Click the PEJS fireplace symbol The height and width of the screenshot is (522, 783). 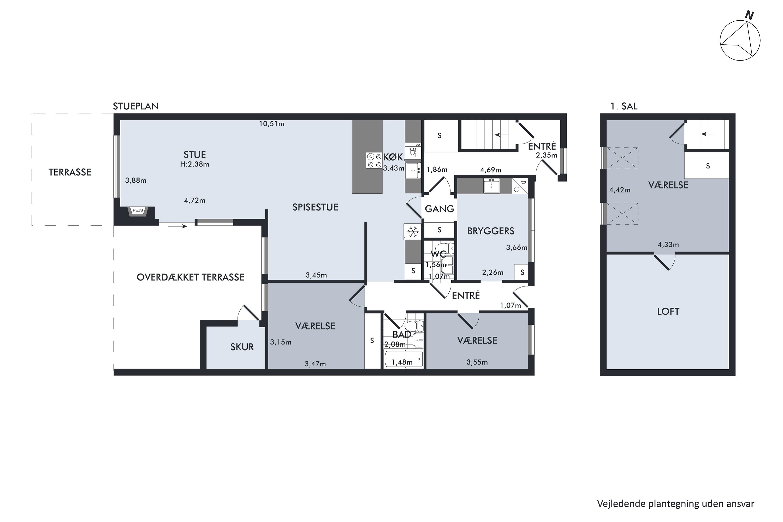(x=138, y=211)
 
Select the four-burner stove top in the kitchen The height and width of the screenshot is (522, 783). (x=374, y=161)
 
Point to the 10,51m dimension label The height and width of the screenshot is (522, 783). (x=272, y=124)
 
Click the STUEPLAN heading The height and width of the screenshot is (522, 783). (x=135, y=106)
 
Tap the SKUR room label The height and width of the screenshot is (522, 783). (x=242, y=347)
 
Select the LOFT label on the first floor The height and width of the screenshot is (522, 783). (x=668, y=312)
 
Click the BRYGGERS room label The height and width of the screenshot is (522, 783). (x=491, y=231)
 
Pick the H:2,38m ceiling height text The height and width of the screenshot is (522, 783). (x=195, y=164)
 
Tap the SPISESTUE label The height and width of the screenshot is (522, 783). (x=315, y=207)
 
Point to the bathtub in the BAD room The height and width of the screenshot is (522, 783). (x=404, y=360)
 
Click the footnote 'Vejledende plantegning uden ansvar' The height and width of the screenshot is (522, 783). (x=675, y=504)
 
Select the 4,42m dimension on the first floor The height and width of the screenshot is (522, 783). (x=620, y=190)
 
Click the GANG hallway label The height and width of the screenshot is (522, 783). (x=440, y=209)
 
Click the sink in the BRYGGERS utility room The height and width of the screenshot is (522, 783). (x=491, y=185)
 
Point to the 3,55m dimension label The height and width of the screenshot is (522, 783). (x=477, y=362)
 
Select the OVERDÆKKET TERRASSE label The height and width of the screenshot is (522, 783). (x=191, y=277)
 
